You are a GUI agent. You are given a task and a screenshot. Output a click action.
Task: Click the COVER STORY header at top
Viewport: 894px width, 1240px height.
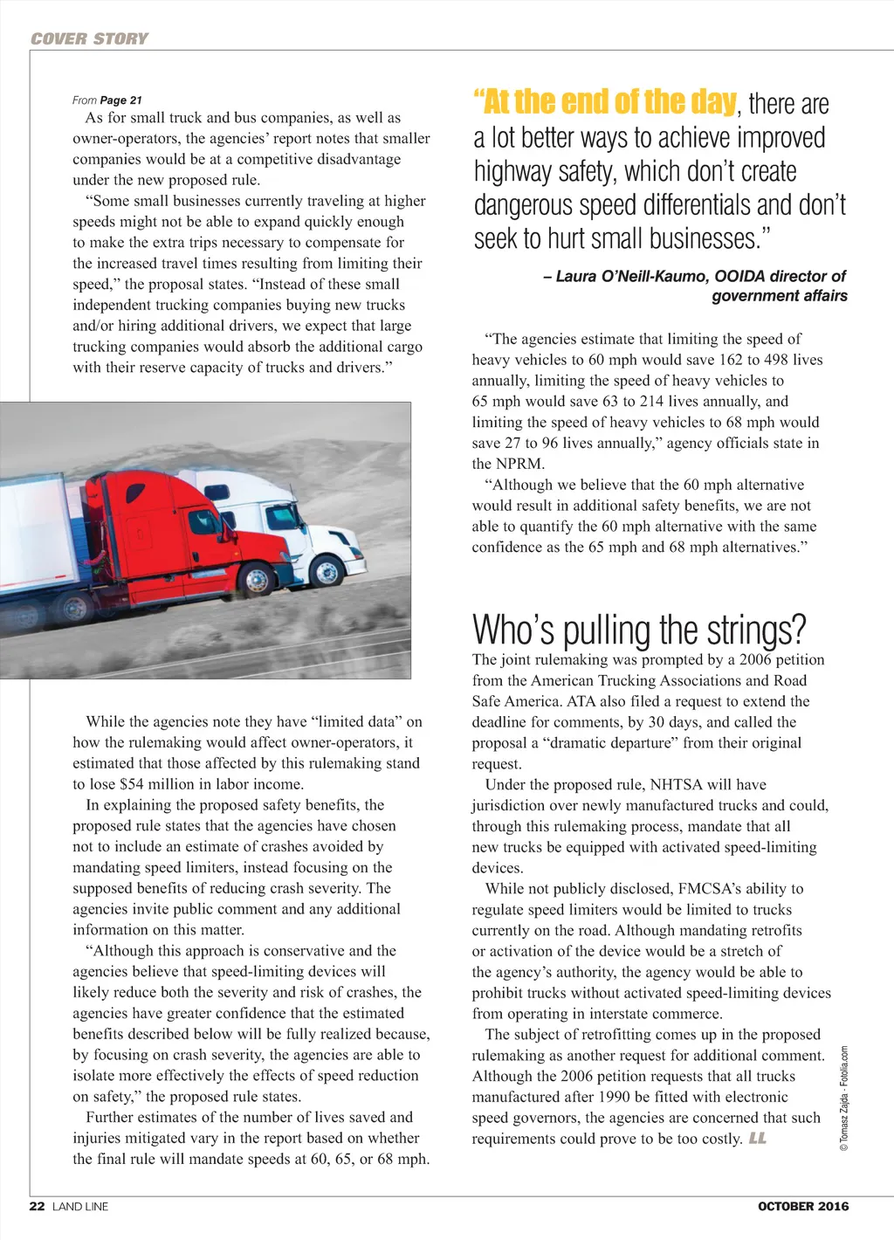(89, 38)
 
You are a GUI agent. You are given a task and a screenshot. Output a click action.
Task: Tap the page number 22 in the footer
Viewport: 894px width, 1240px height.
(37, 1206)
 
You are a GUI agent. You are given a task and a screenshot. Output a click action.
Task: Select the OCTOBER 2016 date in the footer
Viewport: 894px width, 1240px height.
(802, 1206)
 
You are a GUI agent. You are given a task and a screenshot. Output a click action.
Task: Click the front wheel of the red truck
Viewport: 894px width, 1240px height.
(258, 579)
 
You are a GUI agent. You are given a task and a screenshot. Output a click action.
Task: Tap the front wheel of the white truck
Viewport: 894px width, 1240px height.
(327, 572)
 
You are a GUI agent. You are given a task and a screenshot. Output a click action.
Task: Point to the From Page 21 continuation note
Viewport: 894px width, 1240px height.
(107, 100)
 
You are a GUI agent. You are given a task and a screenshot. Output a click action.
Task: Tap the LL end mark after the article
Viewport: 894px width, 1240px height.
(758, 1139)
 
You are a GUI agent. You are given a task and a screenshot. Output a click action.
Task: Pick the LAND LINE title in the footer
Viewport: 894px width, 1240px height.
(80, 1206)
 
